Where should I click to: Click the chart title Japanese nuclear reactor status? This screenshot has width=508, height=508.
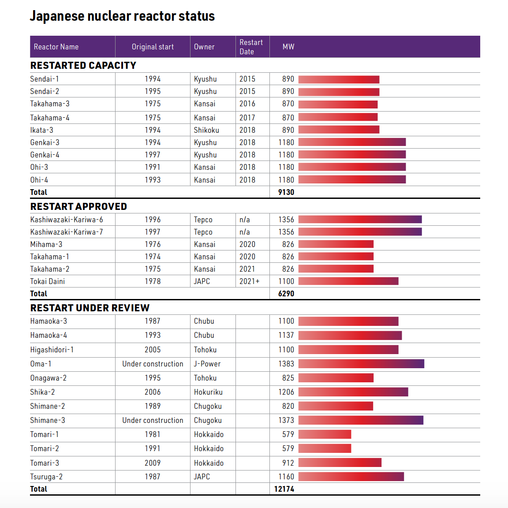tap(122, 16)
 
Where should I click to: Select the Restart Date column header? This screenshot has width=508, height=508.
tap(251, 47)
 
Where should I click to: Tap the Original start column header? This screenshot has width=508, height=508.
tap(153, 47)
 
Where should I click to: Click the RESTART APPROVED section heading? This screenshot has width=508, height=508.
tap(78, 206)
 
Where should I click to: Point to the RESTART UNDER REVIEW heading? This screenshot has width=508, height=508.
tap(90, 308)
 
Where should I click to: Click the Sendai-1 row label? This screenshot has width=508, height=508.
tap(45, 79)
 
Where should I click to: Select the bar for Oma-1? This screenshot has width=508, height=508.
tap(361, 364)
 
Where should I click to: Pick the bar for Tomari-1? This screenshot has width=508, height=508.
tap(325, 434)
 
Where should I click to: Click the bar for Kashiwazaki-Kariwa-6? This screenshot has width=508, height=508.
tap(360, 220)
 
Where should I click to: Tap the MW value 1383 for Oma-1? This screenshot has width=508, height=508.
tap(286, 364)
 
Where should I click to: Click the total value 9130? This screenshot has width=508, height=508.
tap(286, 192)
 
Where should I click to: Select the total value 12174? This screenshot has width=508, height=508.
tap(284, 489)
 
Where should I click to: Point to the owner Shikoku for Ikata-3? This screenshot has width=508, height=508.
tap(206, 130)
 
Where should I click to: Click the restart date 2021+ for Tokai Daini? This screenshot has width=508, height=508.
tap(249, 281)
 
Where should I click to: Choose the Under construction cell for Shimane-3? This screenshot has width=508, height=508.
tap(153, 420)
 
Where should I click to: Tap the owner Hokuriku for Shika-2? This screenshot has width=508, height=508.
tap(208, 392)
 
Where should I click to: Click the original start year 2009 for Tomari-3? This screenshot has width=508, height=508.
tap(153, 463)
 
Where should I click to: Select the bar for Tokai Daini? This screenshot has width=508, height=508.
tap(348, 281)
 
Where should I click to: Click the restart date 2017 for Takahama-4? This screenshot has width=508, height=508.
tap(247, 118)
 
